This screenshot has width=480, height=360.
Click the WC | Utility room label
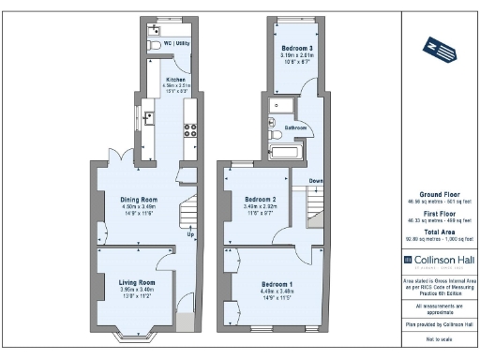(177, 43)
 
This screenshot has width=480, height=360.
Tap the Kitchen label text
(175, 80)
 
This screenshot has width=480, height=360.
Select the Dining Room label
(138, 200)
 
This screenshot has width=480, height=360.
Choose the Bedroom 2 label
(259, 200)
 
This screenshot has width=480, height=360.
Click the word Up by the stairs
(191, 234)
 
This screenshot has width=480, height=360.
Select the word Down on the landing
(315, 181)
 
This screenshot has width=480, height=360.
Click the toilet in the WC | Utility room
(154, 43)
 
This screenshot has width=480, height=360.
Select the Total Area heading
(432, 231)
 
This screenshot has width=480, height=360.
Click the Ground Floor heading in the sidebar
(432, 194)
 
